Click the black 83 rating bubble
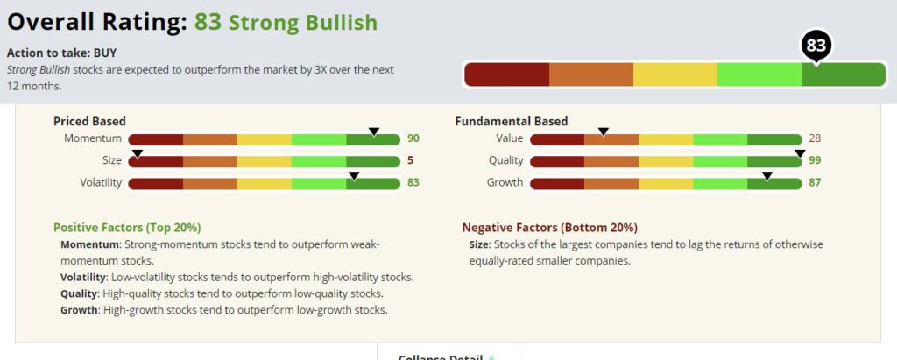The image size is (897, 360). (816, 45)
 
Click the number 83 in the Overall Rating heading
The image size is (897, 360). (208, 22)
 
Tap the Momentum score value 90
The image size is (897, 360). (413, 139)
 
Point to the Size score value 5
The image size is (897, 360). (410, 161)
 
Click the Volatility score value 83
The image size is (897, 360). (413, 183)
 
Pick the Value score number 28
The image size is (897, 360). (815, 139)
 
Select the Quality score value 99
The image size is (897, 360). (815, 161)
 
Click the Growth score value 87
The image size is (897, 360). (815, 183)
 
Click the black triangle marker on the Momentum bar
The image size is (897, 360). (374, 131)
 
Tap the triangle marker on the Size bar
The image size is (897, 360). (137, 153)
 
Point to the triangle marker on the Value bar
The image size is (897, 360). (603, 131)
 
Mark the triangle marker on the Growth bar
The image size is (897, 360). (766, 175)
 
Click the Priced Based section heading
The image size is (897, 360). (89, 121)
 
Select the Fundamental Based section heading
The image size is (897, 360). (511, 121)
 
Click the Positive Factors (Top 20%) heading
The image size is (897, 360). (127, 227)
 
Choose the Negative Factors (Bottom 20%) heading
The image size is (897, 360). (549, 227)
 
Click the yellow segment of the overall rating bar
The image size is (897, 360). (675, 75)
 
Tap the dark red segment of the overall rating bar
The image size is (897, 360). (506, 75)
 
